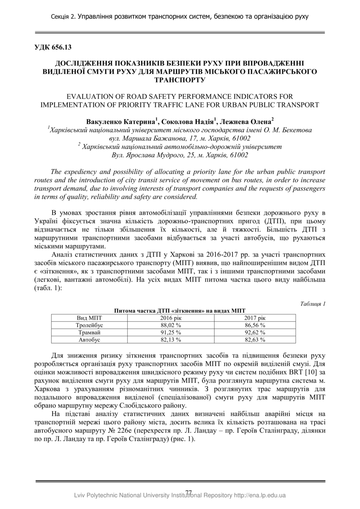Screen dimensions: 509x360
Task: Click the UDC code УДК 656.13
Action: [x=53, y=47]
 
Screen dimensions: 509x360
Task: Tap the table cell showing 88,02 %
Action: [x=171, y=325]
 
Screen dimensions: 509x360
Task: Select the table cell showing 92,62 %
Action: [x=255, y=332]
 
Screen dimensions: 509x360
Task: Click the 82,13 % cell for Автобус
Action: [x=171, y=340]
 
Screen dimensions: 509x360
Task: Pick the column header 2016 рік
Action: [x=171, y=318]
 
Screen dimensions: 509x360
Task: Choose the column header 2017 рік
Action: [x=255, y=318]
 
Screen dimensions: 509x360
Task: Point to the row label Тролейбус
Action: [x=89, y=325]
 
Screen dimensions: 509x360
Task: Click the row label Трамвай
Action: [x=89, y=332]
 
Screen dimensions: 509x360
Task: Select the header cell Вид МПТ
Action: [x=89, y=318]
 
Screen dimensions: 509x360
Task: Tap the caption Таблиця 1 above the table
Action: [x=312, y=304]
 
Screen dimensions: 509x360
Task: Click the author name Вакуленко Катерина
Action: [x=121, y=122]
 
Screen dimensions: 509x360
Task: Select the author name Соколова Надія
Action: [x=188, y=122]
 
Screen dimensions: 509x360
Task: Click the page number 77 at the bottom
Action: [x=189, y=492]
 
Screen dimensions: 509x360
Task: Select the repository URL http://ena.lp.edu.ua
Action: [x=259, y=495]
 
